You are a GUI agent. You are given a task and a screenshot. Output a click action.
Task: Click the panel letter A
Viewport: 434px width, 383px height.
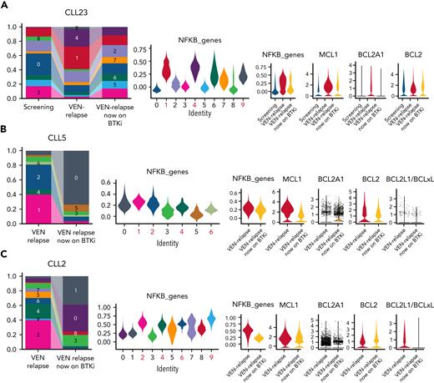pos(5,5)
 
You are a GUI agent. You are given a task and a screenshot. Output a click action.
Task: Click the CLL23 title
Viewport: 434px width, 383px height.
pos(67,8)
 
